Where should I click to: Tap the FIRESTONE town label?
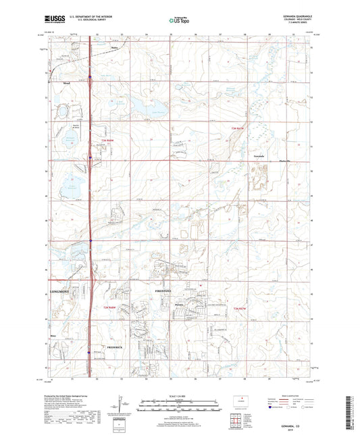click(163, 291)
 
